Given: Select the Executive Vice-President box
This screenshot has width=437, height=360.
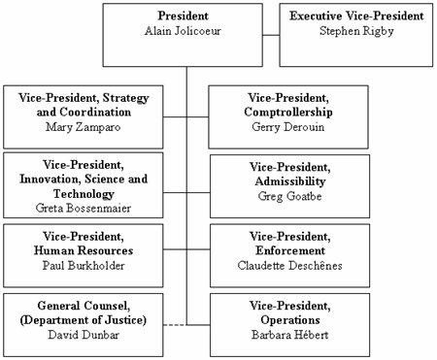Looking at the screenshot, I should [x=355, y=35].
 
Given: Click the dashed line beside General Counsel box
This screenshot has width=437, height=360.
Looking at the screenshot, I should [x=177, y=323].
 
